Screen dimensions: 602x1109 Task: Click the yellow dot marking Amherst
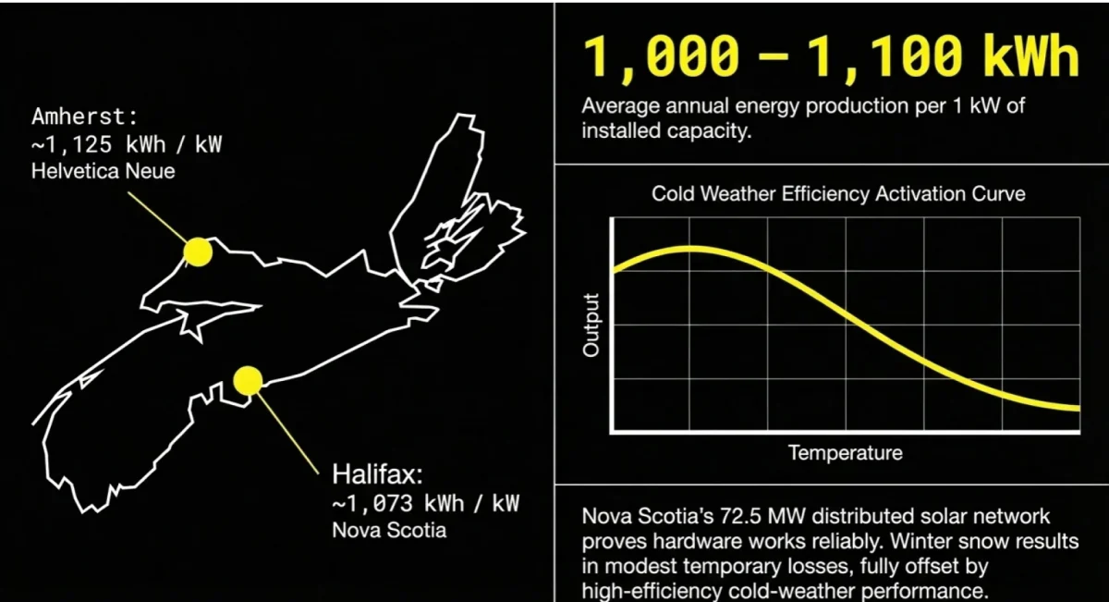[197, 252]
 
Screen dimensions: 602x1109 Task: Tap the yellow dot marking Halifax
[248, 380]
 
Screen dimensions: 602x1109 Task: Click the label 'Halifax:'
[377, 475]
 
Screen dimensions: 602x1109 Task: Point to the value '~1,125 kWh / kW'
[127, 145]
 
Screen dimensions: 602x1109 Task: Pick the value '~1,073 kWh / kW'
[425, 503]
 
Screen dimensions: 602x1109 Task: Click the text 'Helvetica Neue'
[103, 171]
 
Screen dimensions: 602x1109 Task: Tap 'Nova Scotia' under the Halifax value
[388, 530]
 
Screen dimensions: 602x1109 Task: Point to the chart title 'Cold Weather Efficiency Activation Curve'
[838, 194]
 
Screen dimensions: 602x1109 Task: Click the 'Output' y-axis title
[591, 326]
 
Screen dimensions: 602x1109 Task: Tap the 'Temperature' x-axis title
[845, 453]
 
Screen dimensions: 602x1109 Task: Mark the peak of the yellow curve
[689, 248]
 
